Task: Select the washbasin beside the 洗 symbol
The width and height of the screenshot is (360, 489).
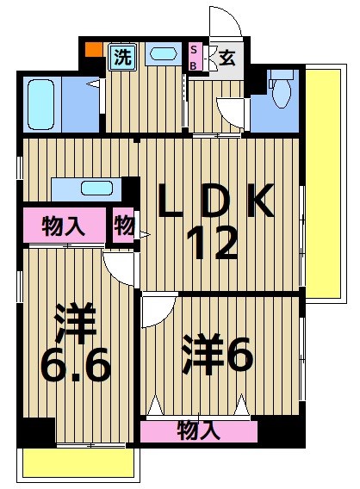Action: click(x=163, y=54)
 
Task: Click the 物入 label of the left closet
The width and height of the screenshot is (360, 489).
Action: click(x=64, y=227)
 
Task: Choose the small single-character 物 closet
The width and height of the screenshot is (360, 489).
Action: click(x=124, y=226)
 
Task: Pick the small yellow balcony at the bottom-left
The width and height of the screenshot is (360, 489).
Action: click(x=78, y=465)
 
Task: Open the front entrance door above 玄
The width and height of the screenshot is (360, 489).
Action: click(x=221, y=24)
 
